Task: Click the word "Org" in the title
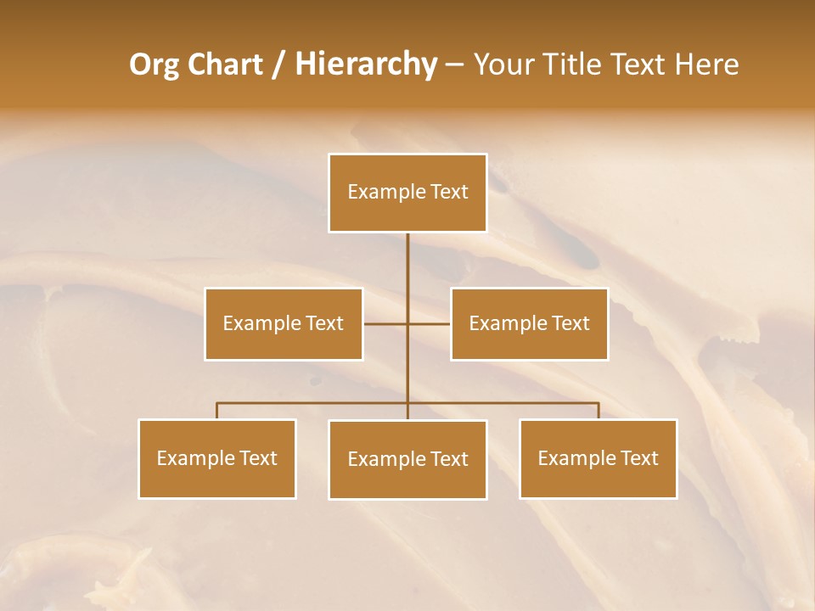tap(154, 64)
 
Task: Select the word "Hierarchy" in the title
tap(366, 64)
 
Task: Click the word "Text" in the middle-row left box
tap(325, 323)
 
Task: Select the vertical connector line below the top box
tap(407, 272)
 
